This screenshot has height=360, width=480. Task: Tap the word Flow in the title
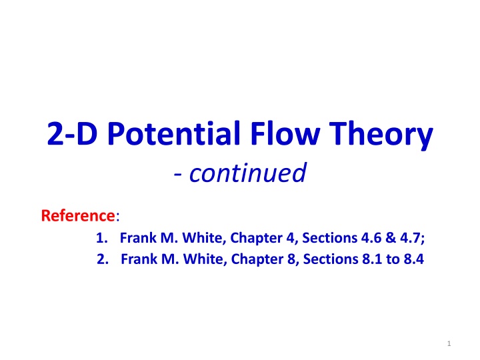(x=285, y=133)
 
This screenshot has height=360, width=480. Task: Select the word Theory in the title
(x=381, y=135)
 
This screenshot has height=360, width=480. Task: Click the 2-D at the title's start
(x=72, y=133)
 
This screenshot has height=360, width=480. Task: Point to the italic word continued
(x=248, y=173)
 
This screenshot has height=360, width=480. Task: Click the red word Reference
(x=78, y=215)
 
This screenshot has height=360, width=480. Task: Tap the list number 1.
(x=101, y=238)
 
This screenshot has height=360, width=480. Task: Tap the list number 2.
(x=103, y=259)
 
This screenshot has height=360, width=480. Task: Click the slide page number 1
(x=449, y=343)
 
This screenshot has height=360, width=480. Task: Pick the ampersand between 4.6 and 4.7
(x=391, y=238)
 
